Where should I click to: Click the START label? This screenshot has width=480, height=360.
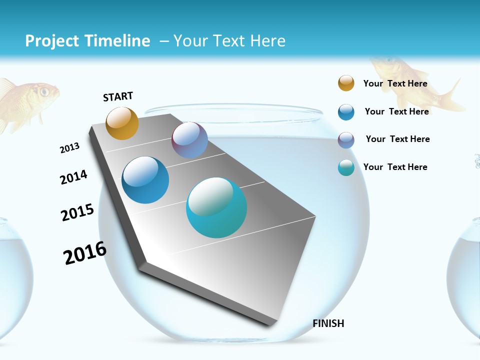click(x=118, y=96)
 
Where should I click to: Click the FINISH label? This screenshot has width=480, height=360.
click(x=328, y=323)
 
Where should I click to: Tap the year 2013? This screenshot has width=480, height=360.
click(x=69, y=147)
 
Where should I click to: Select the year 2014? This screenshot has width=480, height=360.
click(x=73, y=177)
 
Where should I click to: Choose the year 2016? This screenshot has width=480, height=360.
click(x=85, y=253)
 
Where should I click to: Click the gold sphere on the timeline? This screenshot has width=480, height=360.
click(x=122, y=123)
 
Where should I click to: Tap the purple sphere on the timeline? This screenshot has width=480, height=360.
click(x=189, y=140)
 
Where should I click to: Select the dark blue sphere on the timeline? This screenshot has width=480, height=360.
click(x=145, y=180)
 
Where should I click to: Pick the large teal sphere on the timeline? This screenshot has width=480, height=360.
click(x=216, y=207)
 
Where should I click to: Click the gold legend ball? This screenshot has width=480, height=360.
click(x=346, y=83)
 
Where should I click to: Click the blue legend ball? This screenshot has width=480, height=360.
click(x=346, y=112)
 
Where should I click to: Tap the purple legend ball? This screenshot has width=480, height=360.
click(x=346, y=140)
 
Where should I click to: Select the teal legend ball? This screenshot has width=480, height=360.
click(x=346, y=167)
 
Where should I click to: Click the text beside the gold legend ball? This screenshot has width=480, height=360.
click(x=395, y=83)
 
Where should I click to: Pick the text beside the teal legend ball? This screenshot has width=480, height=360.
click(x=395, y=167)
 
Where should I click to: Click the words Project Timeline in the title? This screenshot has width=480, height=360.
click(x=87, y=41)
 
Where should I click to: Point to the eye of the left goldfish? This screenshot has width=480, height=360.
click(x=44, y=91)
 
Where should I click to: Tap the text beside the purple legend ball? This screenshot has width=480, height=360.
click(x=397, y=139)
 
